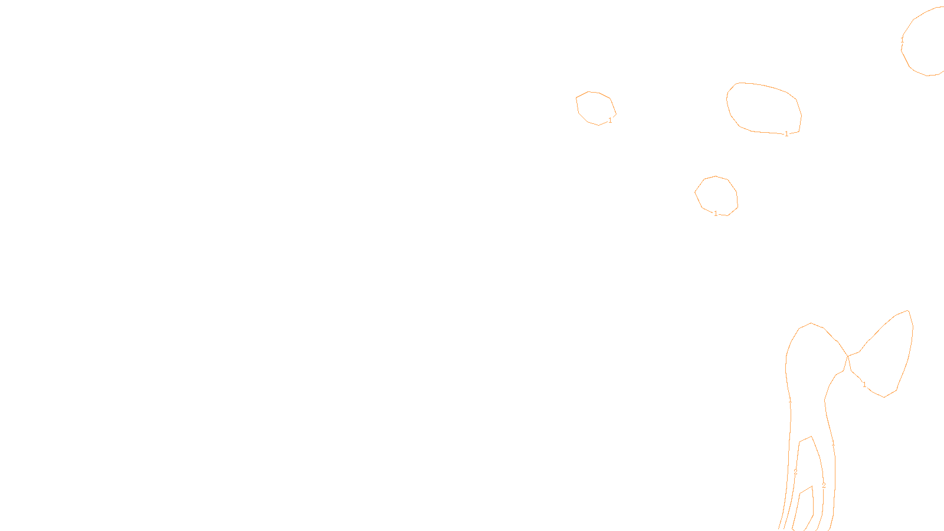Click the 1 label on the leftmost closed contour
click(x=610, y=120)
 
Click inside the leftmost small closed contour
click(x=595, y=108)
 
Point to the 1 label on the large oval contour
click(x=786, y=134)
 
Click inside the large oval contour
click(x=763, y=108)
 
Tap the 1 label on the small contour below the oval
click(x=716, y=214)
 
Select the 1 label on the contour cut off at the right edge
click(x=902, y=40)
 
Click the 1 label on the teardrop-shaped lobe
click(x=864, y=385)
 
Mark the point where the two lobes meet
click(x=848, y=356)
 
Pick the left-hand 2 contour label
click(x=795, y=472)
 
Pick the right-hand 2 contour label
click(x=824, y=486)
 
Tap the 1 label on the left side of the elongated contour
click(x=790, y=400)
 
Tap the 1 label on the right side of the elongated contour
click(x=833, y=443)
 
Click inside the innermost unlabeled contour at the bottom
click(x=806, y=507)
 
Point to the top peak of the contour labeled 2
click(x=812, y=437)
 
